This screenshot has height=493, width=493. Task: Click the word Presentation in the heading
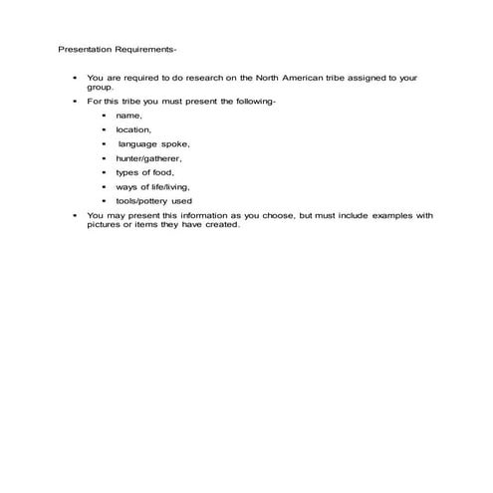(x=82, y=48)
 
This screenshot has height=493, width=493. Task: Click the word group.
(x=102, y=87)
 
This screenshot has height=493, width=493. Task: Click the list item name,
(x=129, y=116)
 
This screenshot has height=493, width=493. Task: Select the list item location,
(x=133, y=129)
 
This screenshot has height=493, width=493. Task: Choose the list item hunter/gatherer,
(x=149, y=157)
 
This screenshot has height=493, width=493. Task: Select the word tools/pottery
(x=145, y=200)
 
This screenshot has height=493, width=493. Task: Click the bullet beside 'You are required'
(x=75, y=77)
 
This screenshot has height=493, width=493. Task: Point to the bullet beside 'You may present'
(x=75, y=214)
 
